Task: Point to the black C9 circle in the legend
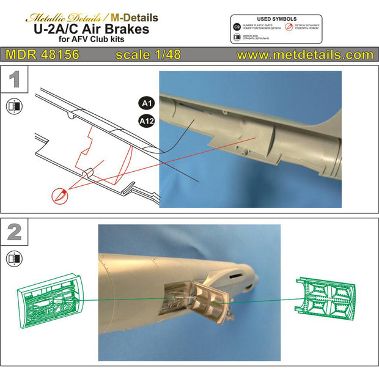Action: (x=237, y=28)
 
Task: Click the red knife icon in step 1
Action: (x=59, y=194)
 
